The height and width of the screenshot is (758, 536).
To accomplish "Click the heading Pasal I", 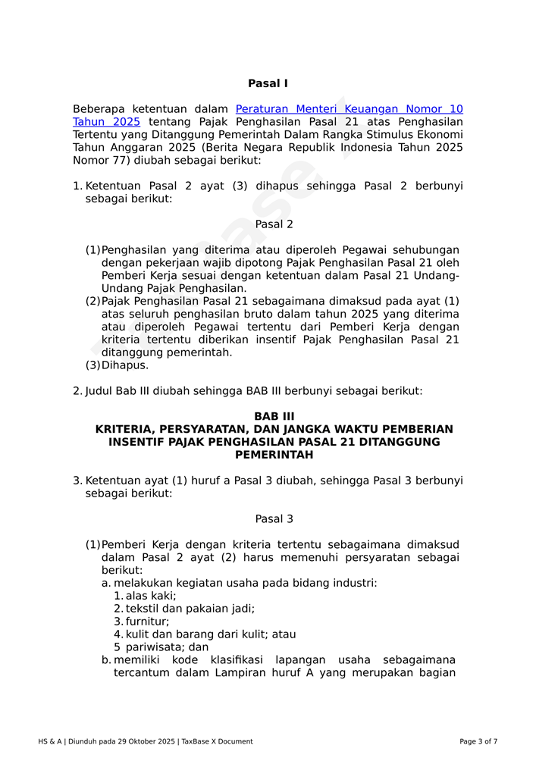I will (x=268, y=83).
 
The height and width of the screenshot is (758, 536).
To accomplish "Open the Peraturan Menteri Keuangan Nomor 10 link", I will (x=349, y=109).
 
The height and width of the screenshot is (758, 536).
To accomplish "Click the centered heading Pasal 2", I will (x=274, y=224).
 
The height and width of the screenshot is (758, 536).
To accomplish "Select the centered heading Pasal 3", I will (x=274, y=519).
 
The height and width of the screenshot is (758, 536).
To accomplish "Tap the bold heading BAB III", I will (x=274, y=416).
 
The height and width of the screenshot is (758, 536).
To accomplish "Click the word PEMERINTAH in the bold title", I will (x=274, y=455).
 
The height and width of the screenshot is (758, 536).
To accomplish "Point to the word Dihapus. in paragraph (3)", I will (x=125, y=365).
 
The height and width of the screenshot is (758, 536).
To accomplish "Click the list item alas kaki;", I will (x=151, y=596).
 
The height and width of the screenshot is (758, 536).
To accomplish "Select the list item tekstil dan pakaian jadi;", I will (x=190, y=609).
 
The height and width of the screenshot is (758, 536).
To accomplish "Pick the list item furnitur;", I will (x=148, y=622).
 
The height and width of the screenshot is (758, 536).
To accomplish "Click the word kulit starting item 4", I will (x=138, y=634).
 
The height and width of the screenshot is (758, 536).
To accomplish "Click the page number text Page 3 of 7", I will (x=478, y=741).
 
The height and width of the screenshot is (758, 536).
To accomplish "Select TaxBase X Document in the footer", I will (x=218, y=741).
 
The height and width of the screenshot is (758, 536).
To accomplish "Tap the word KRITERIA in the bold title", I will (x=125, y=429).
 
